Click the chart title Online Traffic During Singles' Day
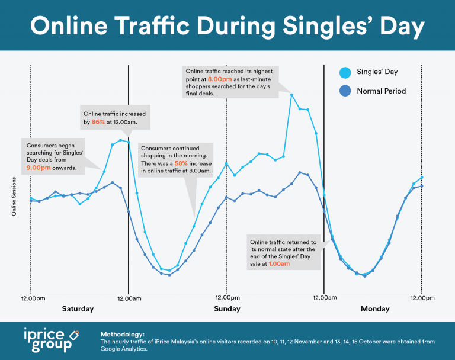[x=227, y=27]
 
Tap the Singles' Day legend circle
[x=345, y=72]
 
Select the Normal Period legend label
[x=381, y=91]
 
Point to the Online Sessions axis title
[x=14, y=195]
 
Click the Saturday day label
[x=78, y=309]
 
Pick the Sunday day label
[x=226, y=309]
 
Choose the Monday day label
[x=375, y=309]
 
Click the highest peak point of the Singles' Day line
[x=291, y=94]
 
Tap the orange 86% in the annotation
[x=98, y=121]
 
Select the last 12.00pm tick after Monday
[x=421, y=297]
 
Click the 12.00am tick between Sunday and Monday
[x=324, y=297]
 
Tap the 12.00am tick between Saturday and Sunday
[x=129, y=297]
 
